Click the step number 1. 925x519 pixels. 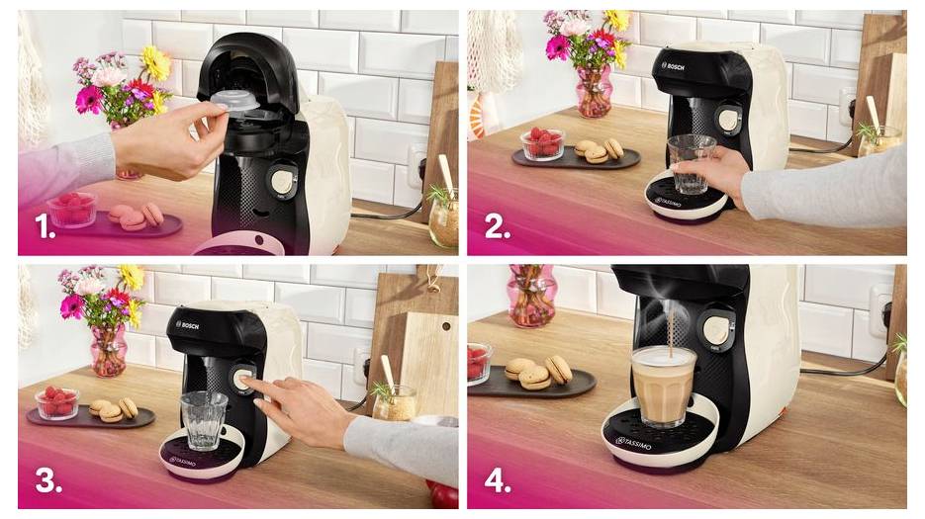click(x=45, y=227)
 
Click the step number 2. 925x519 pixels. click(x=497, y=227)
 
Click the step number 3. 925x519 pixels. click(x=48, y=479)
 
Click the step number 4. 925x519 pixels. click(x=498, y=479)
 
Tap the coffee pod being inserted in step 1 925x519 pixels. click(x=234, y=102)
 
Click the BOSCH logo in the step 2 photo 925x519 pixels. click(x=673, y=66)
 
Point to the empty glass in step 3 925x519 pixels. click(x=205, y=420)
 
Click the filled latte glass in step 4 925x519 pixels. click(x=665, y=386)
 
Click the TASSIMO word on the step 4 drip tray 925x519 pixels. click(x=633, y=441)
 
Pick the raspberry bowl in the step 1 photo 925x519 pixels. click(x=72, y=210)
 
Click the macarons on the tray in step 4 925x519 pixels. click(x=539, y=373)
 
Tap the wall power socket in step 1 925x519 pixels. click(x=416, y=167)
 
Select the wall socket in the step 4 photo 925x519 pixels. click(x=879, y=309)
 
